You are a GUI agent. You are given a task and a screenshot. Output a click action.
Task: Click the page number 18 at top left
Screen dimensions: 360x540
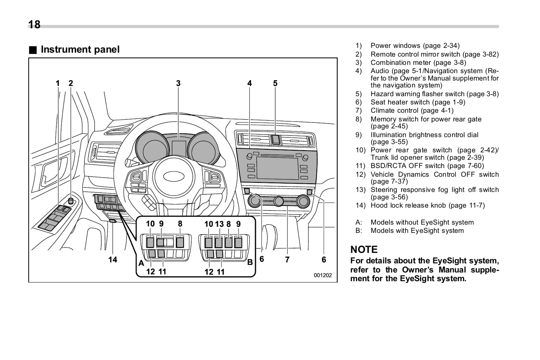[x=34, y=24]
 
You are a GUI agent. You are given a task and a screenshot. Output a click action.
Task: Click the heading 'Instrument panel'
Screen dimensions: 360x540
[x=80, y=50]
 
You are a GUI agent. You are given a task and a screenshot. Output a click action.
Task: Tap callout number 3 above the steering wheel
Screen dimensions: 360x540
[x=178, y=83]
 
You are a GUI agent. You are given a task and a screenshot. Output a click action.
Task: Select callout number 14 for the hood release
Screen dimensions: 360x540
[x=113, y=259]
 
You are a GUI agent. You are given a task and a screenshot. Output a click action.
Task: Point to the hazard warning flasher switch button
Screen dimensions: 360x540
[x=276, y=140]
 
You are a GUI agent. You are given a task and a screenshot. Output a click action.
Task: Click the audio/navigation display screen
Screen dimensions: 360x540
[x=277, y=168]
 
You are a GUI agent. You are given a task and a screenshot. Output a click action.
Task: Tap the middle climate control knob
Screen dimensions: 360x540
[x=279, y=201]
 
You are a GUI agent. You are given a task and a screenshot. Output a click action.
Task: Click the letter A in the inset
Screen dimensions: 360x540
[x=141, y=263]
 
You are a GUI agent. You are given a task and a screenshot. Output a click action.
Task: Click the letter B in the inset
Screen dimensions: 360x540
[x=250, y=262]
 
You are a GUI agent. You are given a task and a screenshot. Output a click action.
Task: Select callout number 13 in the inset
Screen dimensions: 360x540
[x=219, y=224]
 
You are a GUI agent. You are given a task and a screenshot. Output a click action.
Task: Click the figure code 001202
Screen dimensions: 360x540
[x=322, y=275]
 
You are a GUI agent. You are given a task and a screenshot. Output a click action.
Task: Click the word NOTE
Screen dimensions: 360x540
[x=364, y=249]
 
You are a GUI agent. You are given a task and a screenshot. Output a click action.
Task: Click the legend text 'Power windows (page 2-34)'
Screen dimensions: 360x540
[x=415, y=46]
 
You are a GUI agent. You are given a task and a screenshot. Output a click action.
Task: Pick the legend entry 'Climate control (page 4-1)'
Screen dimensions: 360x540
[x=412, y=111]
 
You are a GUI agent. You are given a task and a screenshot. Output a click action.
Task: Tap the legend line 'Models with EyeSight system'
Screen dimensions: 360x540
[x=417, y=231]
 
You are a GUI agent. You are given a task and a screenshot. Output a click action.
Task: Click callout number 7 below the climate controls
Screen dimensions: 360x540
[x=287, y=259]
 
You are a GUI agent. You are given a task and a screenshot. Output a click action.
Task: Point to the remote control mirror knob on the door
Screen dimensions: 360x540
[x=70, y=201]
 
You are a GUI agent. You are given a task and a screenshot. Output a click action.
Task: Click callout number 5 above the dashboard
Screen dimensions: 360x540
[x=275, y=83]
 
